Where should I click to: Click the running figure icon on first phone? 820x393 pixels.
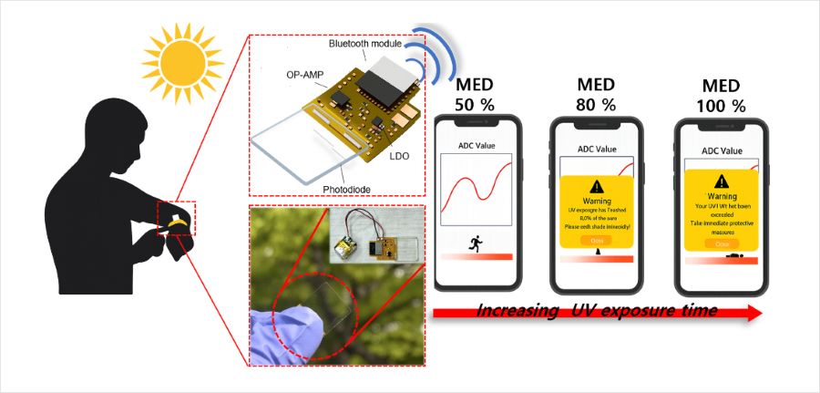[x=475, y=243]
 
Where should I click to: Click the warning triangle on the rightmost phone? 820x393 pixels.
[x=722, y=181]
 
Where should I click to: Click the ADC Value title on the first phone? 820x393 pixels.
[x=474, y=145]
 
